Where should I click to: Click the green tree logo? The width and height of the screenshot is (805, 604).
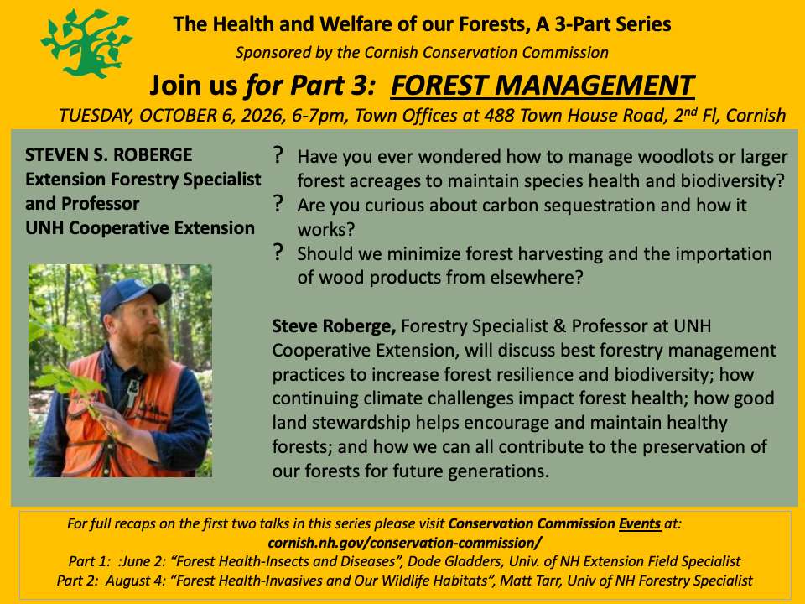coord(86,44)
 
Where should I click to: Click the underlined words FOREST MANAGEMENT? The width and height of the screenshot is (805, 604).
coord(543,86)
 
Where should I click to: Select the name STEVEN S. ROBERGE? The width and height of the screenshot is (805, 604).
coord(109,155)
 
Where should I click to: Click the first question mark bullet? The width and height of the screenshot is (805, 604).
coord(278,154)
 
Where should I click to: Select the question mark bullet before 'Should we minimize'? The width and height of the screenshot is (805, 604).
coord(278,252)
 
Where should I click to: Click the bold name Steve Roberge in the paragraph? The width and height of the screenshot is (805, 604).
coord(334,326)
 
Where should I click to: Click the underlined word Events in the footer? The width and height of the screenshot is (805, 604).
coord(640,523)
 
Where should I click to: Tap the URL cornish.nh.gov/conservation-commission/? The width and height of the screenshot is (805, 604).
coord(404,543)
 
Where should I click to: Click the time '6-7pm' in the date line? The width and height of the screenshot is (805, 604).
coord(319,116)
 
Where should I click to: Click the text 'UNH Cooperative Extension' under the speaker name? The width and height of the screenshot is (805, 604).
coord(140,228)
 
